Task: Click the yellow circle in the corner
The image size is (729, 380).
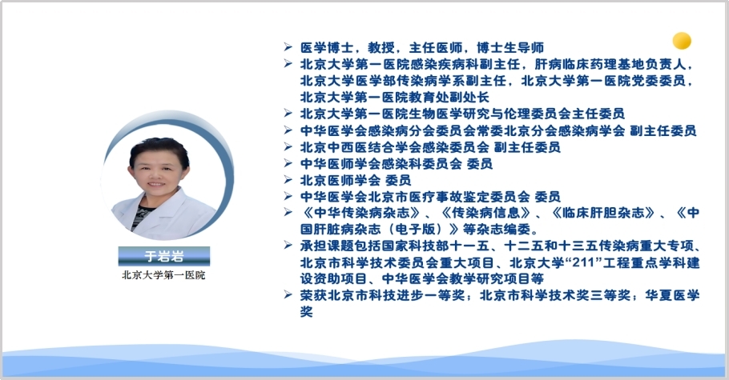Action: (682, 41)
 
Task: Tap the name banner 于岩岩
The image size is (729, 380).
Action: (164, 256)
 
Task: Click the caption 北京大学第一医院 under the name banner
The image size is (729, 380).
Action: (163, 275)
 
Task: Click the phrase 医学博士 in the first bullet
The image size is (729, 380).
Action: (328, 47)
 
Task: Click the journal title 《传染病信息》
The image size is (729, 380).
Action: (485, 213)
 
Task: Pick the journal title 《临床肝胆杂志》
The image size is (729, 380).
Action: (602, 213)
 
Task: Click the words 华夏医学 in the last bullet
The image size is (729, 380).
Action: (672, 295)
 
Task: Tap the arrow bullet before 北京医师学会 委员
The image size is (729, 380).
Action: (288, 180)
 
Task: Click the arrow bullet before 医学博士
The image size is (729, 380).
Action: (288, 47)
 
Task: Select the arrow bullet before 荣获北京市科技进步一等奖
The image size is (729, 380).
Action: (288, 294)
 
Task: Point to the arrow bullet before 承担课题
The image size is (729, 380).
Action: (288, 246)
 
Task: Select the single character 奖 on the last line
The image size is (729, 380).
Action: (306, 312)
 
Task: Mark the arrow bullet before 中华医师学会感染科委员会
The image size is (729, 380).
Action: (288, 163)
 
